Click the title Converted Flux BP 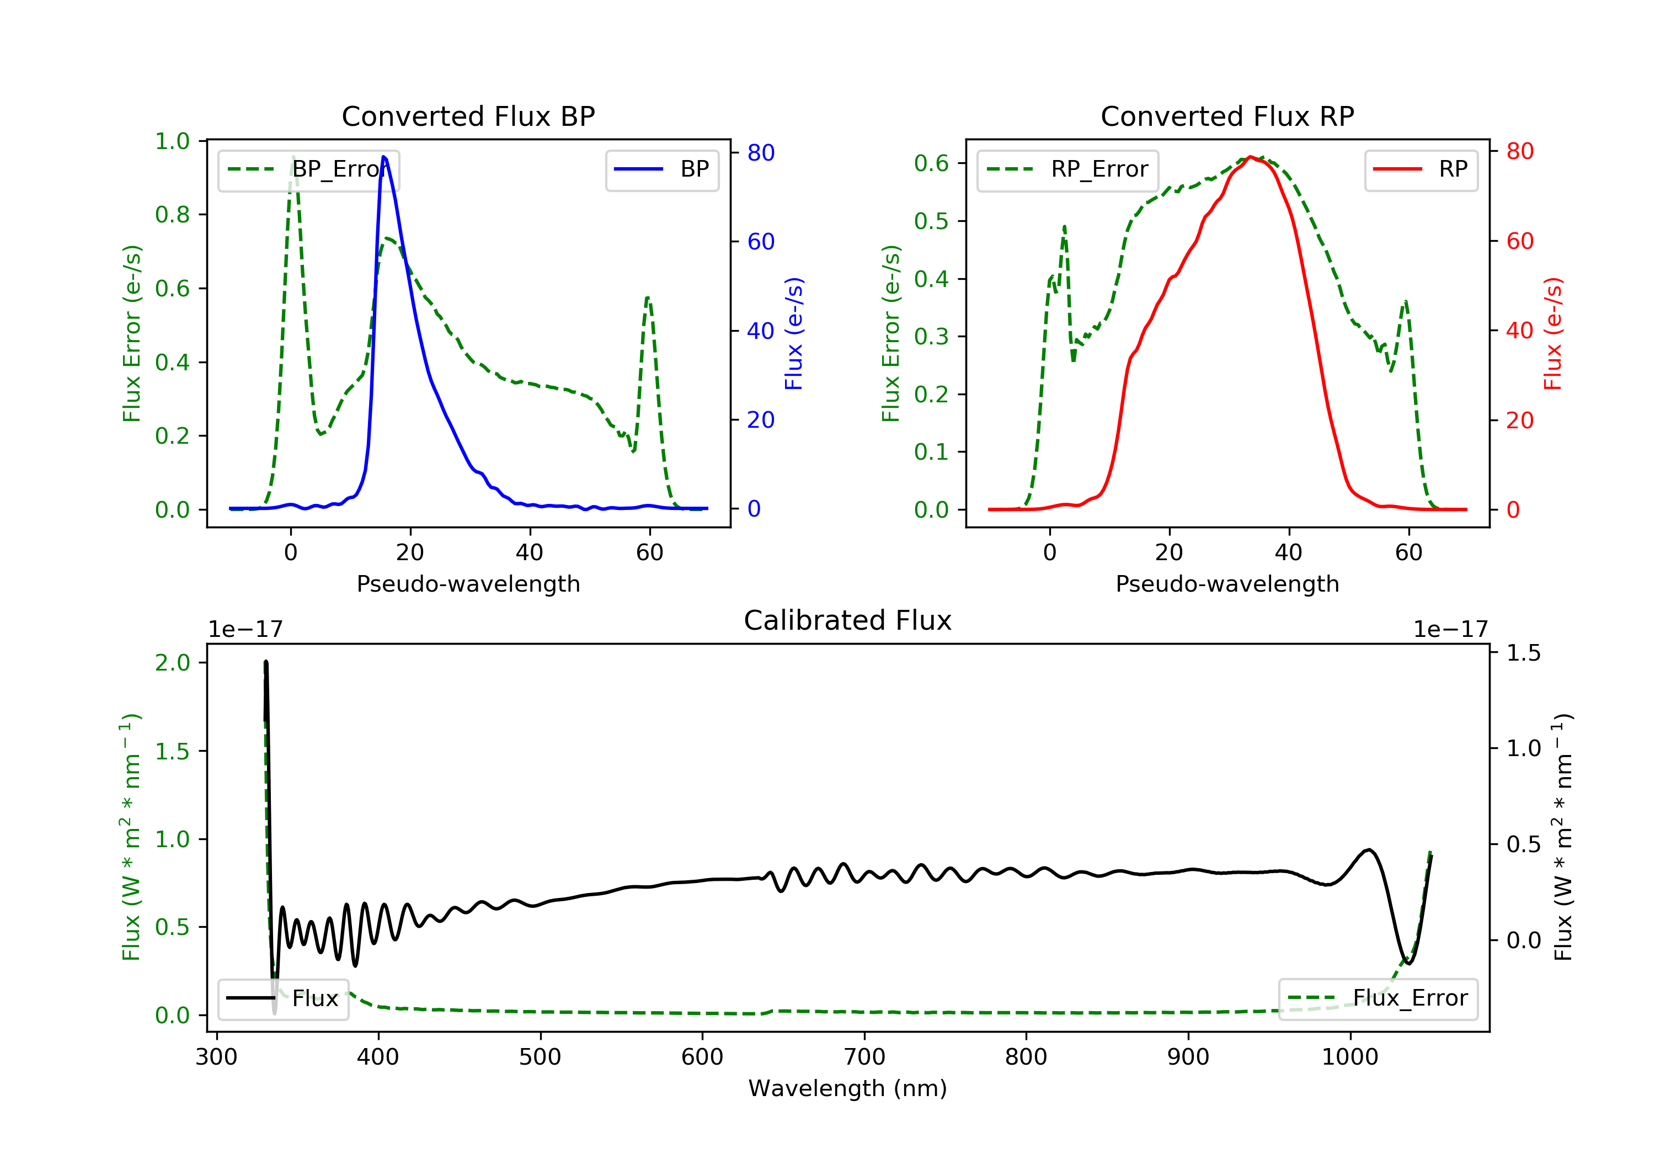coord(468,116)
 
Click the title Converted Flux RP coord(1227,116)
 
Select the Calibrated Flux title coord(848,620)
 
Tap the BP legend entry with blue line coord(661,169)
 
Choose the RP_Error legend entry coord(1067,169)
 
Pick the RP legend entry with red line coord(1421,169)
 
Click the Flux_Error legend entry coord(1378,998)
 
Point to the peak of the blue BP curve coord(384,157)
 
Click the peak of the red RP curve coord(1251,157)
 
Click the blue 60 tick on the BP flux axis coord(761,242)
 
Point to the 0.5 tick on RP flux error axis coord(931,221)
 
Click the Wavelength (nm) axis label coord(848,1088)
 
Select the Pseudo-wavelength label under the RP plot coord(1227,584)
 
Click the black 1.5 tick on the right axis coord(1524,653)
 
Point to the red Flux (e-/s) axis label coord(1552,334)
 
